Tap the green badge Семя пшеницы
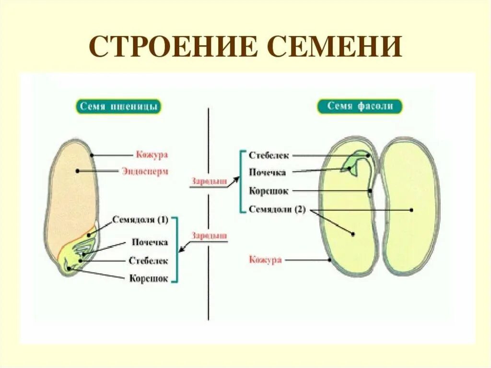pyautogui.click(x=118, y=107)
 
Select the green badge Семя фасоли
pyautogui.click(x=360, y=106)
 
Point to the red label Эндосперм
pyautogui.click(x=145, y=171)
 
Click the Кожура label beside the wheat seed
pyautogui.click(x=152, y=155)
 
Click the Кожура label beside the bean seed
pyautogui.click(x=265, y=260)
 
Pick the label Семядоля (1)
pyautogui.click(x=140, y=220)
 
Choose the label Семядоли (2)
pyautogui.click(x=277, y=209)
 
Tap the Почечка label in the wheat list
pyautogui.click(x=150, y=242)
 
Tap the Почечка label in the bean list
pyautogui.click(x=268, y=173)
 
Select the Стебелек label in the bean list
pyautogui.click(x=269, y=155)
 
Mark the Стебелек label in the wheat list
pyautogui.click(x=148, y=261)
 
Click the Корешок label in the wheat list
pyautogui.click(x=149, y=278)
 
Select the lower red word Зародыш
pyautogui.click(x=210, y=236)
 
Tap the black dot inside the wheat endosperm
pyautogui.click(x=77, y=171)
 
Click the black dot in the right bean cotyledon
pyautogui.click(x=411, y=210)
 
